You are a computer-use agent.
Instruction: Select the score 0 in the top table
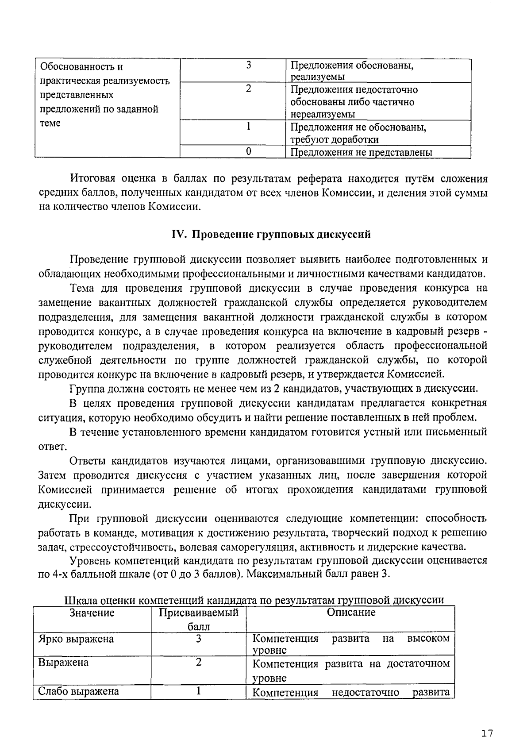coord(249,152)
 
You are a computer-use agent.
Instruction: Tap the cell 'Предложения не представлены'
coord(361,153)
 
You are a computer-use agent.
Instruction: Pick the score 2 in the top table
coord(249,89)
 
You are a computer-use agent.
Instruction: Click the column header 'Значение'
coord(92,613)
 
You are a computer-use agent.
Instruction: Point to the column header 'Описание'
coord(351,613)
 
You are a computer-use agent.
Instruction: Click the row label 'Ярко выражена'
coord(76,639)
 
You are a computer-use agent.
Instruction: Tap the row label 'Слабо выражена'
coord(79,691)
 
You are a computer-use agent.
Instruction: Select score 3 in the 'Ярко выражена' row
coord(199,639)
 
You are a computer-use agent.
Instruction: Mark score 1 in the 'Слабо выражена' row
coord(199,691)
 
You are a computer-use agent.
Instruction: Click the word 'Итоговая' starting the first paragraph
coord(92,179)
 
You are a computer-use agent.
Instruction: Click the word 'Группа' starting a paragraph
coord(85,389)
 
